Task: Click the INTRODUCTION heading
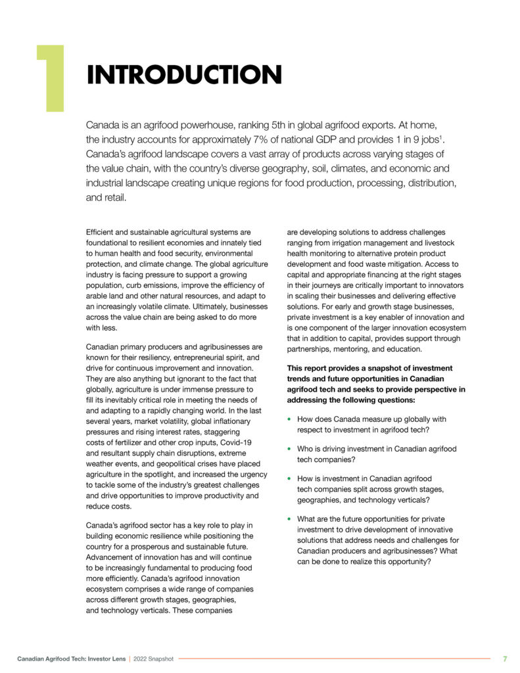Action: click(x=185, y=75)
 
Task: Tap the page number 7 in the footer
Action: click(x=505, y=659)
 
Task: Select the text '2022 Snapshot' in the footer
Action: click(x=153, y=659)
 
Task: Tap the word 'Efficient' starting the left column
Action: click(x=103, y=232)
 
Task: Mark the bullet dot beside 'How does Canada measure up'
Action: click(x=289, y=419)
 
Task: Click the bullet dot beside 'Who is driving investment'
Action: click(x=289, y=449)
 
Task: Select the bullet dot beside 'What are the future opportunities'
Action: click(x=289, y=519)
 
